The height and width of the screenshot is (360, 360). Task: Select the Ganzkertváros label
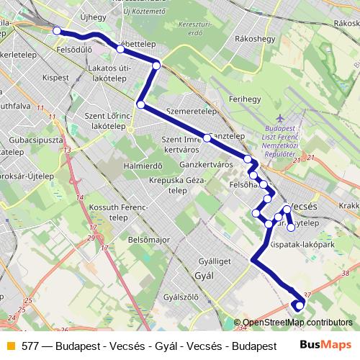click(x=205, y=164)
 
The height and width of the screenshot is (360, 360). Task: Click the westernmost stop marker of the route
click(x=57, y=30)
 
